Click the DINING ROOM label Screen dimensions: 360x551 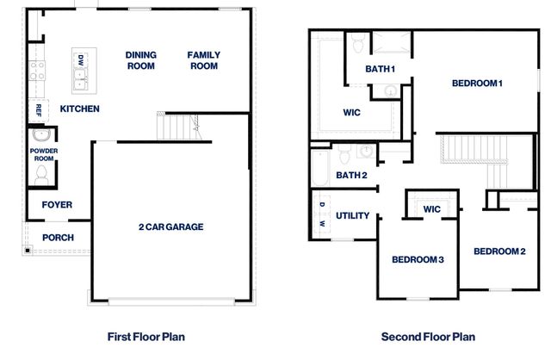[141, 60]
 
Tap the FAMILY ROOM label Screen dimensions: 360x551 [204, 60]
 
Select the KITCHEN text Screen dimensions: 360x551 [79, 109]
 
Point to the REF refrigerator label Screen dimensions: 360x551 [38, 110]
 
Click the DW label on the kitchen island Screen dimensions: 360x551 [80, 60]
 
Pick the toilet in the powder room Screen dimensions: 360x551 [40, 176]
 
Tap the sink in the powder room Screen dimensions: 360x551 [40, 136]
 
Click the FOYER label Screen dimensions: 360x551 [57, 205]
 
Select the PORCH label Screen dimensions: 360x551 [58, 238]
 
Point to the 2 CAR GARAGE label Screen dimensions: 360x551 [170, 227]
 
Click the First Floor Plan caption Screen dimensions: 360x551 [145, 337]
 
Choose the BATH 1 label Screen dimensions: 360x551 [380, 69]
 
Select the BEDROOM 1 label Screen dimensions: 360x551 [477, 83]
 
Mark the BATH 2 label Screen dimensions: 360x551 [351, 176]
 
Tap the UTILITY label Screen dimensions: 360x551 [353, 216]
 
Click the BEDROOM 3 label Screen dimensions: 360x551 [418, 259]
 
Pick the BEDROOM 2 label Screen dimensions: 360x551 [498, 251]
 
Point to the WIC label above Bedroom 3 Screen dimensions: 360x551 [431, 208]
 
